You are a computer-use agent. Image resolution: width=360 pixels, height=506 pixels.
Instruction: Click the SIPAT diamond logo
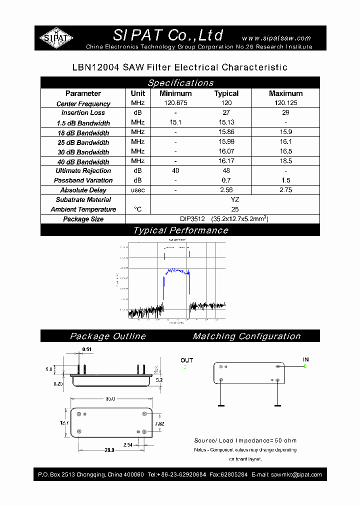[x=56, y=37]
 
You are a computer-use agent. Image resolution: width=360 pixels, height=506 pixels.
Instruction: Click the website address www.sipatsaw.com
[x=276, y=38]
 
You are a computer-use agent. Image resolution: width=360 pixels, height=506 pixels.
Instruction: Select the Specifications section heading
[x=180, y=83]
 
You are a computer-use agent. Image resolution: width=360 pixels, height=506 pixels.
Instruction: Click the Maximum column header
[x=285, y=93]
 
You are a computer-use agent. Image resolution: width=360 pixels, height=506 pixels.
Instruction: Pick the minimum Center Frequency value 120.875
[x=175, y=103]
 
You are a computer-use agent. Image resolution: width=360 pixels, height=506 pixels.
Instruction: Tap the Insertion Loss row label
[x=83, y=113]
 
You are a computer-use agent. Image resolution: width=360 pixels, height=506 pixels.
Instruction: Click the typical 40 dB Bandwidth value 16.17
[x=226, y=161]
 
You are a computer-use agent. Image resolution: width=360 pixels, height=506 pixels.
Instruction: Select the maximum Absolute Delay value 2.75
[x=285, y=190]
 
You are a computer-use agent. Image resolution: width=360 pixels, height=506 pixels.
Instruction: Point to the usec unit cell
[x=137, y=190]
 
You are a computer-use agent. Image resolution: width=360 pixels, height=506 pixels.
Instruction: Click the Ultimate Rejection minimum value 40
[x=175, y=171]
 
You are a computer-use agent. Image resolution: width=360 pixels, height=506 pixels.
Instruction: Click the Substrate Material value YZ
[x=235, y=199]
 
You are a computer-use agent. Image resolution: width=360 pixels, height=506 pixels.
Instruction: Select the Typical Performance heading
[x=180, y=230]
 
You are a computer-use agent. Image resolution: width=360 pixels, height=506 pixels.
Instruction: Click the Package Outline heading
[x=107, y=336]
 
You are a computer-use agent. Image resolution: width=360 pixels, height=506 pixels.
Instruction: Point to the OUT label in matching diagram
[x=186, y=360]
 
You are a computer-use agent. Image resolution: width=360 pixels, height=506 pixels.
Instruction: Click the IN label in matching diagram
[x=305, y=359]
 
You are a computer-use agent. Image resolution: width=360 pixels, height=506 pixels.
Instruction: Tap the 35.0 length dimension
[x=110, y=398]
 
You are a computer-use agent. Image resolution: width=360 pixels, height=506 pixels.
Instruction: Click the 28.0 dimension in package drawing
[x=109, y=450]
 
